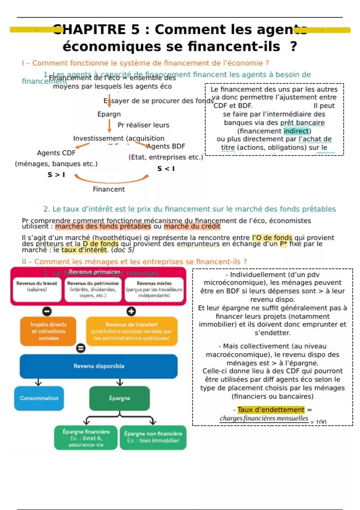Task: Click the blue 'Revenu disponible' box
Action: coord(99,366)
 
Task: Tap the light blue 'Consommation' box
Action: coord(39,398)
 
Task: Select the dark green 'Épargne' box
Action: coord(119,398)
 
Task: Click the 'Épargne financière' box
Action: coord(86,438)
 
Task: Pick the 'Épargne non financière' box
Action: coord(153,437)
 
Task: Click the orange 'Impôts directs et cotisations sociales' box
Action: coord(48,331)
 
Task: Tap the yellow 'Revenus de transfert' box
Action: coord(131,331)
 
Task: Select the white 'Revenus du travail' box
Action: coord(37,289)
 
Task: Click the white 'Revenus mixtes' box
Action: coord(154,289)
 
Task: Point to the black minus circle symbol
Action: coord(47,311)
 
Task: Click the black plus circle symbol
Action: coord(131,311)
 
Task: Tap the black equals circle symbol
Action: coord(81,348)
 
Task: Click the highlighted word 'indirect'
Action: coord(296,131)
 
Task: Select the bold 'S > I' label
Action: coord(56,175)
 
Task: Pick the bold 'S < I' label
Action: coord(166,169)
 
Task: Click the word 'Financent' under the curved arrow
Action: coord(109,189)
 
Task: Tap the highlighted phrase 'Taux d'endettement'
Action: coord(271,410)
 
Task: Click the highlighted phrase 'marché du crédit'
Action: coord(192,226)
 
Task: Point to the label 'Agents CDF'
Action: coord(56,153)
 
